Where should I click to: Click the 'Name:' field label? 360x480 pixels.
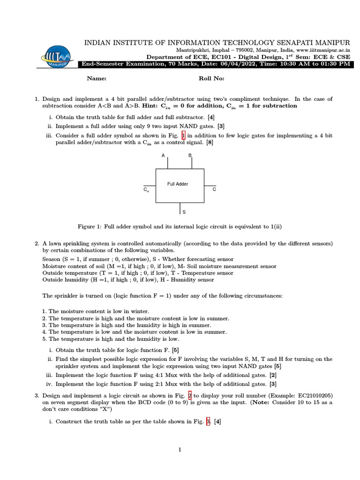point(97,79)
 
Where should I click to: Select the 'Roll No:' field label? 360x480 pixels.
point(211,79)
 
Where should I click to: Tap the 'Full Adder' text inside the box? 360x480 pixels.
point(178,184)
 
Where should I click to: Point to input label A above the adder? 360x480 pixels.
point(163,155)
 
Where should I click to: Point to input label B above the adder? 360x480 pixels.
point(190,155)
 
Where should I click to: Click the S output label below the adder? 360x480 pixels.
point(184,212)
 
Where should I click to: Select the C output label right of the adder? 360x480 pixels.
point(214,189)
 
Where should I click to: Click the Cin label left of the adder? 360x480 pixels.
point(146,190)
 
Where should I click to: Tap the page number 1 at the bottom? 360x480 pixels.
point(180,450)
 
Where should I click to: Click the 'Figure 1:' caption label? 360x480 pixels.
point(89,226)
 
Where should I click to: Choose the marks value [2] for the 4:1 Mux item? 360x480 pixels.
point(273,375)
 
